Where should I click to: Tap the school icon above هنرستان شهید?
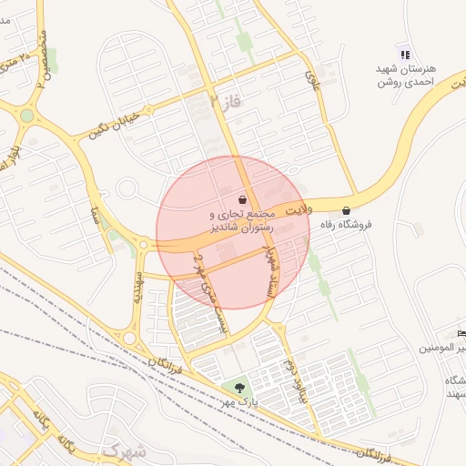click(x=405, y=54)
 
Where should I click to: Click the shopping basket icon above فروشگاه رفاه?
click(x=346, y=211)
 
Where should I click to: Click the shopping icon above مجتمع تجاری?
click(x=242, y=198)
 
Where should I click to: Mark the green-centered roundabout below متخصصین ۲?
click(x=27, y=115)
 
